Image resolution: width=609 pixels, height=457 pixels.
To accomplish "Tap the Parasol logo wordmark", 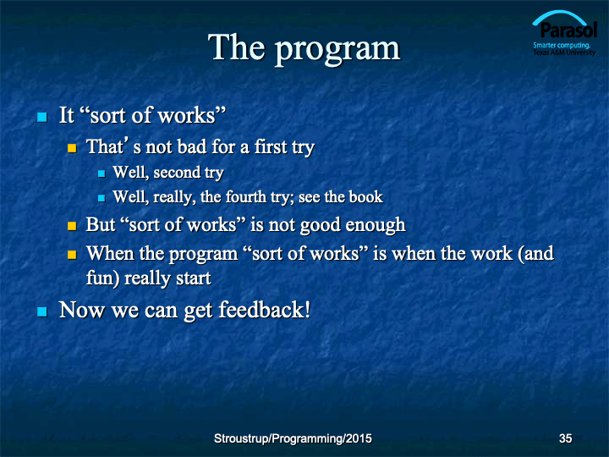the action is coord(568,30).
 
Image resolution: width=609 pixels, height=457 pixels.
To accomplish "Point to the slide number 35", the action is coord(565,438).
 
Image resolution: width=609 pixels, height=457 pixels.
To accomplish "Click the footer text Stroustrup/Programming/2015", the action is coord(293,438).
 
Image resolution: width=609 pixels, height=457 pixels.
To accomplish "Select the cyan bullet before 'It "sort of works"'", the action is coord(42,117).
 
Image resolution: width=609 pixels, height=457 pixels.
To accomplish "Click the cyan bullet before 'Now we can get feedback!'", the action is coord(42,311).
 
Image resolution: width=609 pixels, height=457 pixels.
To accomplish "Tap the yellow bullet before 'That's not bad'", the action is coord(72,148).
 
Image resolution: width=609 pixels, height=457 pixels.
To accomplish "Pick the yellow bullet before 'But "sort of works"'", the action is coord(72,226).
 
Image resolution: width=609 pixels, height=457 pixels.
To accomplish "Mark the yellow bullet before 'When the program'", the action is coord(72,255).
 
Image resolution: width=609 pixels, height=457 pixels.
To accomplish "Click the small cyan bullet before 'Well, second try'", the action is coord(101,173).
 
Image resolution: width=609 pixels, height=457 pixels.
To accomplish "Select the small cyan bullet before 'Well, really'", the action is coord(101,198).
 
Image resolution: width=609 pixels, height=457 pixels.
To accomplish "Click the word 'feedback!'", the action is coord(265,310).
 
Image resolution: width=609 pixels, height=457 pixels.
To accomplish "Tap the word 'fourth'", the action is coord(245,197).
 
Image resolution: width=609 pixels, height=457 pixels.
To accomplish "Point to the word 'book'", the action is coord(366,197).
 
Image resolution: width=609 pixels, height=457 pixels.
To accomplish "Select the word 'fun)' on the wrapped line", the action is coord(102,278).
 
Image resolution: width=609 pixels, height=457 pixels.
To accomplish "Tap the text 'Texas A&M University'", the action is coord(564,52).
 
